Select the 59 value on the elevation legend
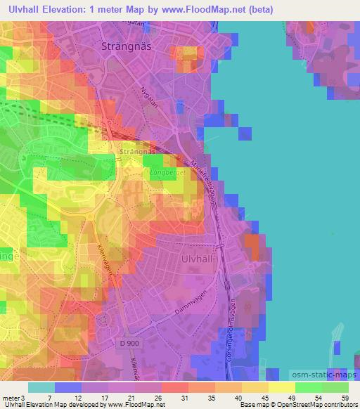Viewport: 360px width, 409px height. click(345, 398)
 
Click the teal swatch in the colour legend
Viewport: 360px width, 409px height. click(41, 387)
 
